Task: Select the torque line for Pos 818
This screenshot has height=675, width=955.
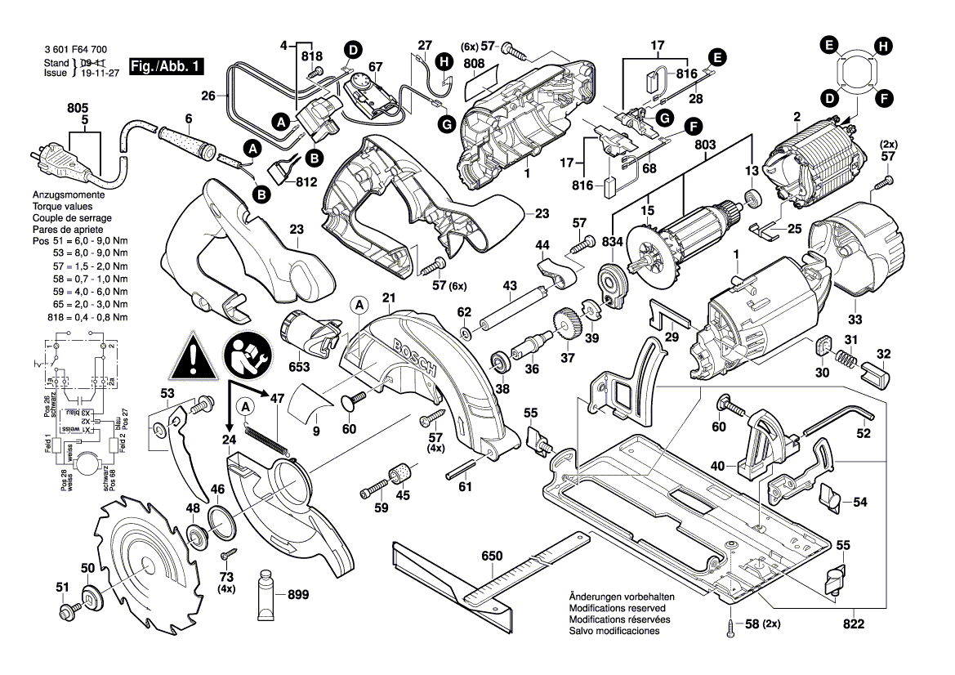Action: (x=80, y=316)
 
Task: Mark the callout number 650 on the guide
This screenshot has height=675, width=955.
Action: (x=491, y=556)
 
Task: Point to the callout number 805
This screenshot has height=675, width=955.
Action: (x=77, y=106)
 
